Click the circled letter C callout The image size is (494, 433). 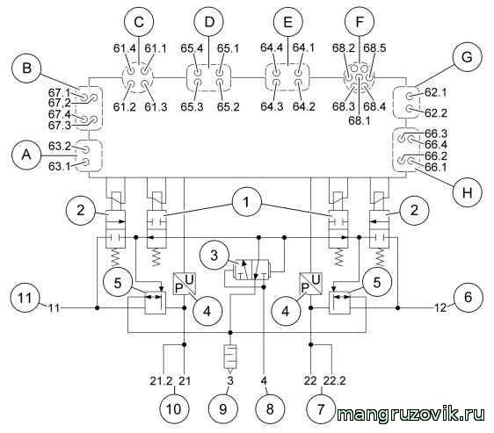point(139,22)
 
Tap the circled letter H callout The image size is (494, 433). point(468,191)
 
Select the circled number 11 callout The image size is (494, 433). point(25,298)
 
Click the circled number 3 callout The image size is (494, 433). point(214,255)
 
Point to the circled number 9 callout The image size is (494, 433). point(223,408)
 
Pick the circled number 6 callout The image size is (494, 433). point(469,297)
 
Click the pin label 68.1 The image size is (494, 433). point(360,120)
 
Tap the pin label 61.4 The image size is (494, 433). point(125,48)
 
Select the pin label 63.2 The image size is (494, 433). point(60,147)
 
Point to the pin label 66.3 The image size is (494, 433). point(436,134)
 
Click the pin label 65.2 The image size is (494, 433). point(228,107)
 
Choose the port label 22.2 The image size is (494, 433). point(335,380)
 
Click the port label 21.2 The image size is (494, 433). point(162,381)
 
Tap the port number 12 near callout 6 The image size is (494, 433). point(440,307)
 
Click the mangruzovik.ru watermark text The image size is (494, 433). point(410,415)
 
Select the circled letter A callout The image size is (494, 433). point(26,155)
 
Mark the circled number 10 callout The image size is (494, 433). point(173,408)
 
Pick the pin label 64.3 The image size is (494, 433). point(272,107)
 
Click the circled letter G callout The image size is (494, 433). point(468,57)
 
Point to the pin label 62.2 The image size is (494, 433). point(436,113)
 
